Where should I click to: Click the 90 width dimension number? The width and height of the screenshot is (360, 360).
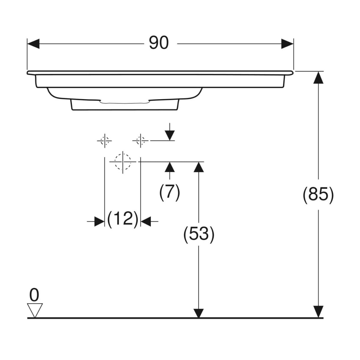[159, 43]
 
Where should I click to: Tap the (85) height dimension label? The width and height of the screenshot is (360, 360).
[318, 195]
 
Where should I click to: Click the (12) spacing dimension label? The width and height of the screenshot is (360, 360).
[123, 219]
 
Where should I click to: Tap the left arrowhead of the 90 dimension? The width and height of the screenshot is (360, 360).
[33, 44]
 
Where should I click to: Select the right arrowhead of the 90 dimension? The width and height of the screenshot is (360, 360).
[287, 44]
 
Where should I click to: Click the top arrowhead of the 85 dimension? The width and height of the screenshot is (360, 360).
[318, 77]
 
